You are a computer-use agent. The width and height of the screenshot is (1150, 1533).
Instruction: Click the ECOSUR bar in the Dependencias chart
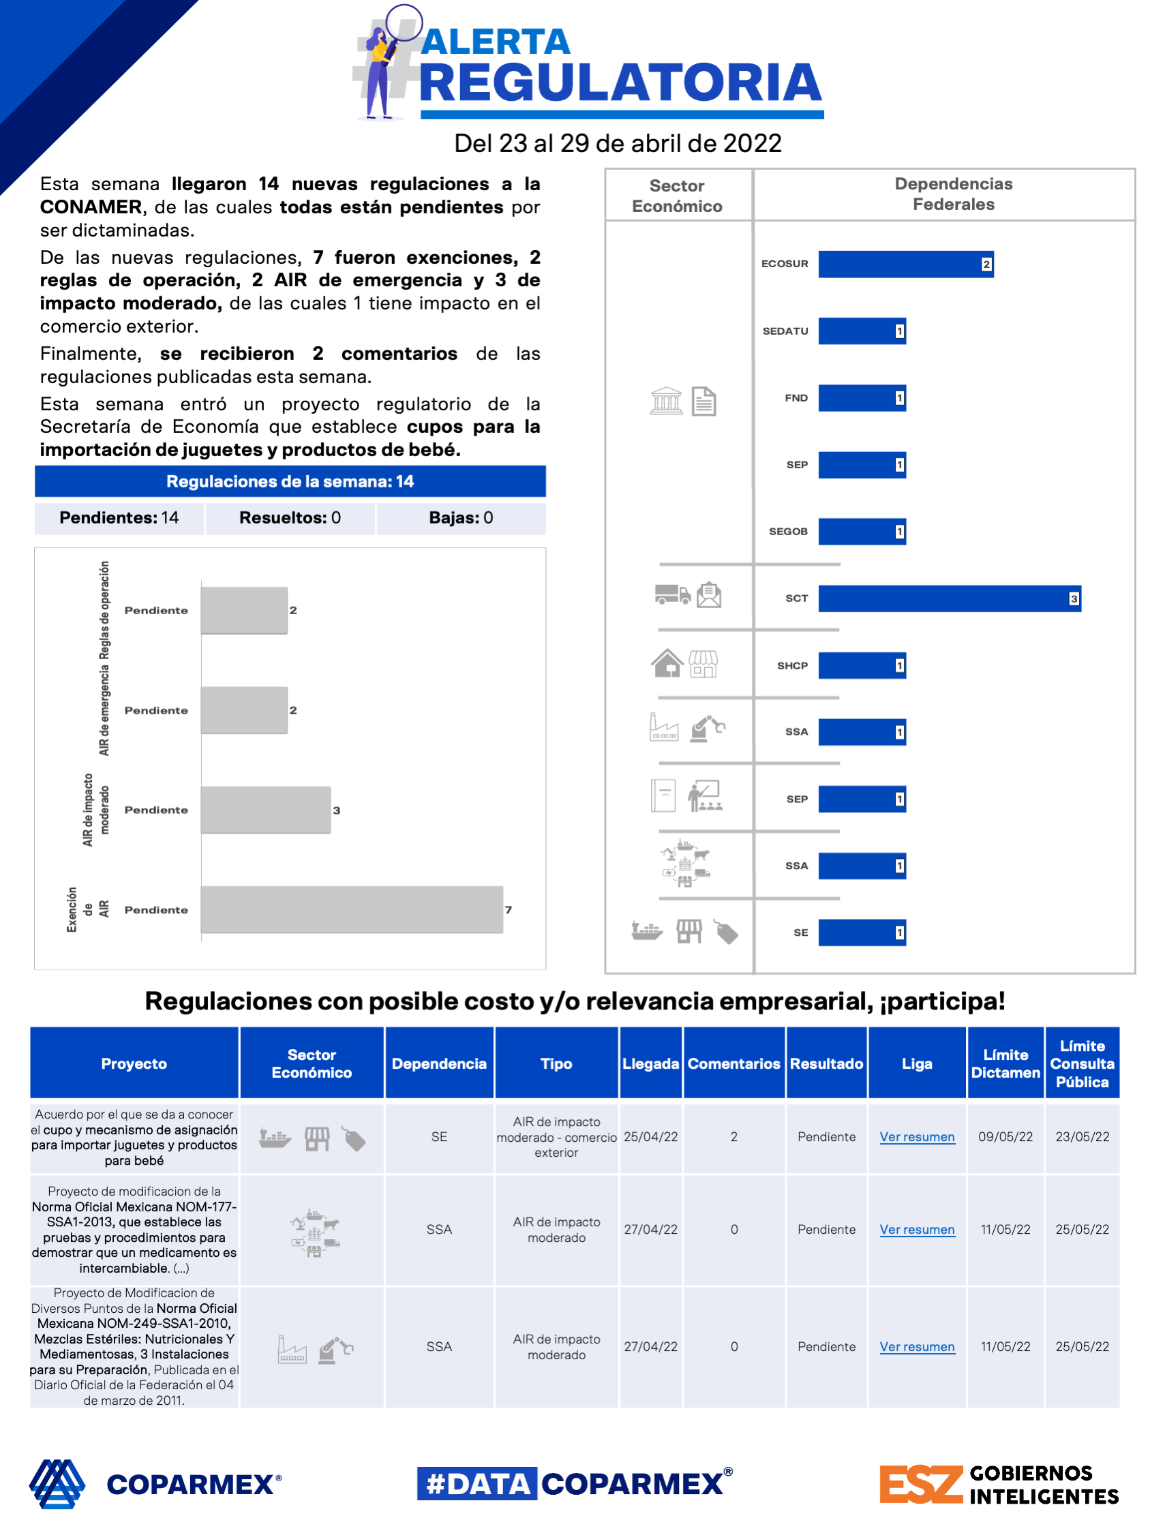coord(905,264)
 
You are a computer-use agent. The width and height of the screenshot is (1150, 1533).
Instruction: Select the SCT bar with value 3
coord(948,598)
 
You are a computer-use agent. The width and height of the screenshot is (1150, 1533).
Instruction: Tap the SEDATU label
coord(785,331)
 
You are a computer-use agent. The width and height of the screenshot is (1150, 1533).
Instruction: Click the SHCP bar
coord(861,665)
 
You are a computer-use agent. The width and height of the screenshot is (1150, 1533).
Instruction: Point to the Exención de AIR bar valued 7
coord(352,909)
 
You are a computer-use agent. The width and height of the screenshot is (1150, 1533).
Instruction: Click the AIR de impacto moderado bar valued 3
coord(265,810)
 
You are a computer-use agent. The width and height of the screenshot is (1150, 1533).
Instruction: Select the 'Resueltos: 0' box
coord(290,517)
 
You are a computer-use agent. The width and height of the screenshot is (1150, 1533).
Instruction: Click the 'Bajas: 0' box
coord(460,517)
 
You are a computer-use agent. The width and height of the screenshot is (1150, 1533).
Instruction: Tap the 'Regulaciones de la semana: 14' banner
coord(290,482)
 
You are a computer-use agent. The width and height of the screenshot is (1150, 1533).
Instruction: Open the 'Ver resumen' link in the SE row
coord(916,1136)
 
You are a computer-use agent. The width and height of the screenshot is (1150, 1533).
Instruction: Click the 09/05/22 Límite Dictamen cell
coord(1005,1136)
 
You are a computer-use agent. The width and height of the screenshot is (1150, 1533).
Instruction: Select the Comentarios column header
coord(733,1063)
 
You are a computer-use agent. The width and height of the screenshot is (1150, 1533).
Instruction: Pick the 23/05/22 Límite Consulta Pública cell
coord(1081,1136)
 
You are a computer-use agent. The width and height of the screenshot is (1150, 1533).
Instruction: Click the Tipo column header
coord(556,1063)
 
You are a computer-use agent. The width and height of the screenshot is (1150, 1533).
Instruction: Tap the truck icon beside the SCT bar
coord(671,594)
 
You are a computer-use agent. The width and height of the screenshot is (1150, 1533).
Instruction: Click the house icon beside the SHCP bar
coord(667,663)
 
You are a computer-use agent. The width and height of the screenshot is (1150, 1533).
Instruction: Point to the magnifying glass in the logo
coord(403,23)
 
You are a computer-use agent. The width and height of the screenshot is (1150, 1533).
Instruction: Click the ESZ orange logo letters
coord(920,1484)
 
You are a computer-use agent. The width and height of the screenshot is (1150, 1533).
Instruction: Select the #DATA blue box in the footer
coord(477,1484)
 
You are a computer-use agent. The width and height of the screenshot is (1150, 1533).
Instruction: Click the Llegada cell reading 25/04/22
coord(650,1136)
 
